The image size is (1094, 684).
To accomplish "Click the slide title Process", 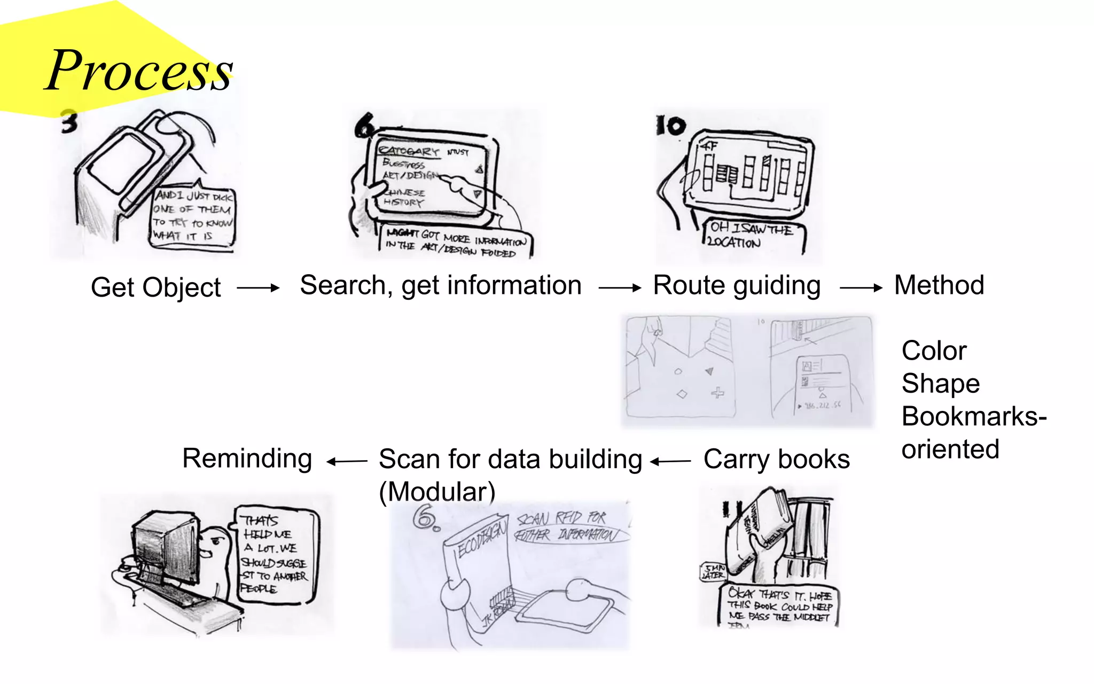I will pyautogui.click(x=139, y=71).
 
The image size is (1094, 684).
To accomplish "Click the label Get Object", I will pyautogui.click(x=155, y=287).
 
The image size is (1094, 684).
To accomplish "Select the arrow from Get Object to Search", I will pyautogui.click(x=258, y=288).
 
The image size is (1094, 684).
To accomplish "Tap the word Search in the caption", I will pyautogui.click(x=342, y=285).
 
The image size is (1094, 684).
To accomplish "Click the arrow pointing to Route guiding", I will pyautogui.click(x=619, y=288).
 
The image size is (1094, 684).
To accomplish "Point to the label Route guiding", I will pyautogui.click(x=737, y=285).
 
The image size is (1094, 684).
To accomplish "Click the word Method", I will pyautogui.click(x=939, y=285).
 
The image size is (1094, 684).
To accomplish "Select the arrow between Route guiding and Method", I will pyautogui.click(x=861, y=288).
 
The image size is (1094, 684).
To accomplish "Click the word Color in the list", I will pyautogui.click(x=934, y=351).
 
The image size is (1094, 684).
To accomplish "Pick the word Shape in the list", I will pyautogui.click(x=940, y=384).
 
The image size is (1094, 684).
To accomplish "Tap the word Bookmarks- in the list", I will pyautogui.click(x=973, y=416).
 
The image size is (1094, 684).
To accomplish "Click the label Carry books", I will pyautogui.click(x=776, y=459).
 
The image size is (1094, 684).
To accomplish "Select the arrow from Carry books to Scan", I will pyautogui.click(x=671, y=461).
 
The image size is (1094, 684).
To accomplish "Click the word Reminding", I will pyautogui.click(x=247, y=458).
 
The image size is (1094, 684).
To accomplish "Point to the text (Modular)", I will pyautogui.click(x=437, y=492).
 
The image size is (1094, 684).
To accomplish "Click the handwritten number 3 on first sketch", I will pyautogui.click(x=69, y=122).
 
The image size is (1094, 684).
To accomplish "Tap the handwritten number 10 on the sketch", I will pyautogui.click(x=670, y=126).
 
